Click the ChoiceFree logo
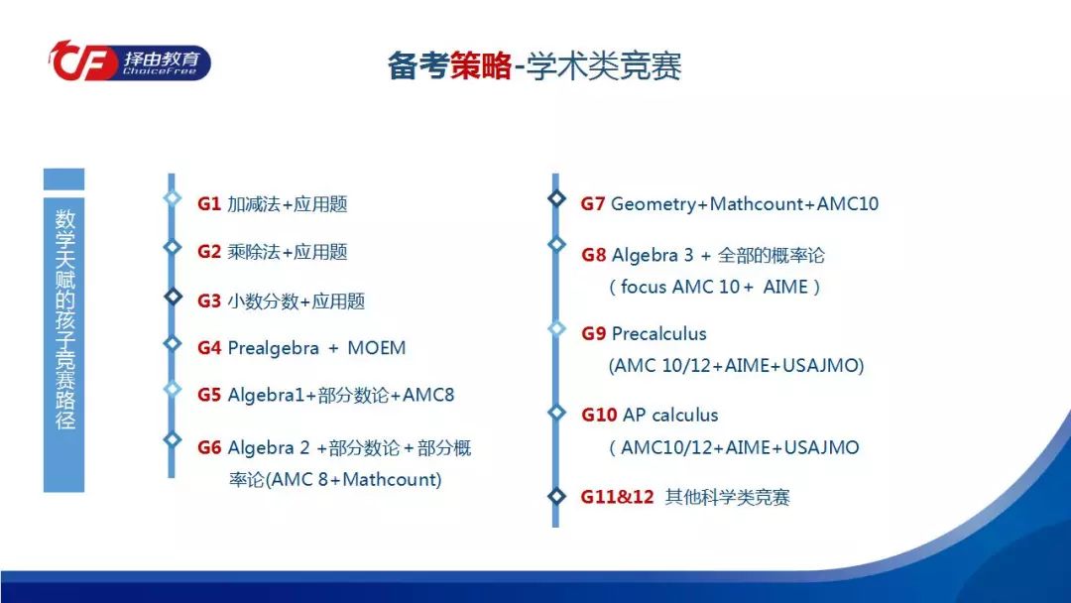(129, 60)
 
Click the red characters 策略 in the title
(480, 66)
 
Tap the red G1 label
(209, 204)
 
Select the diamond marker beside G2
(173, 247)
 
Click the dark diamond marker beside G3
(173, 296)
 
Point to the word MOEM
(377, 347)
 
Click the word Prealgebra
(274, 349)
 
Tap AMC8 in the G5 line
(428, 396)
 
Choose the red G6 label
(209, 448)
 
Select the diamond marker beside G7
(556, 198)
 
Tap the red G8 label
(594, 256)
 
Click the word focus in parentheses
(644, 287)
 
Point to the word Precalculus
(659, 334)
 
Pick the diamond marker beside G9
(556, 328)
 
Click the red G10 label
(599, 416)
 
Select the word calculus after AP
(683, 416)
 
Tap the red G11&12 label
(618, 497)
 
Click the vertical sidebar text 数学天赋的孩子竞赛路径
(64, 319)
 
